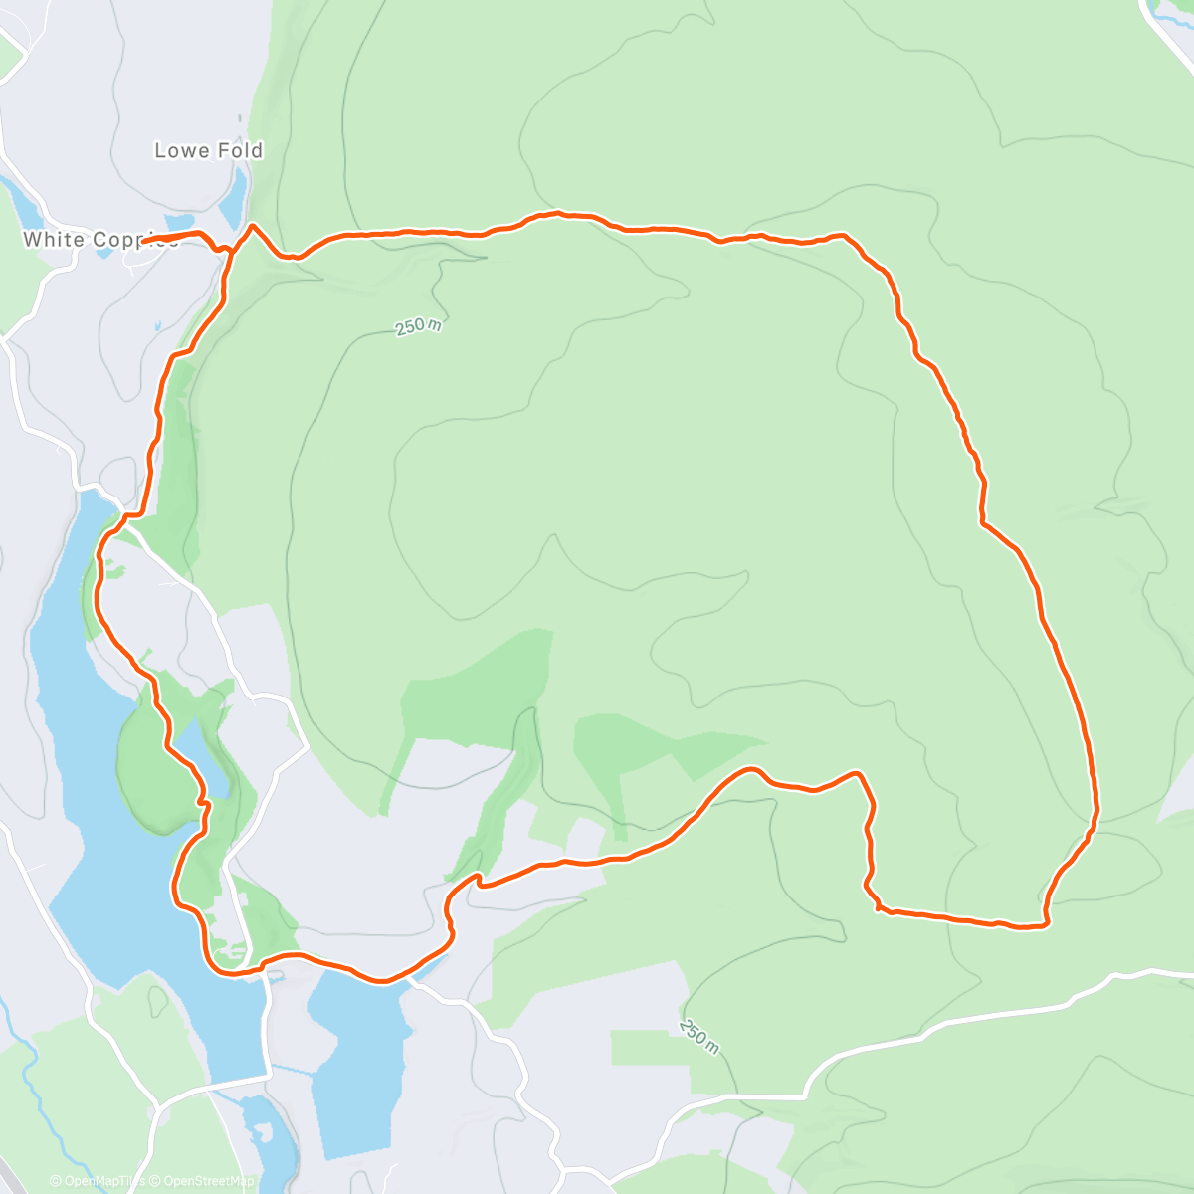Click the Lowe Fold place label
[x=208, y=151]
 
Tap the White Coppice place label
[x=99, y=240]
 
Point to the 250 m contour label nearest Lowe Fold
[x=418, y=326]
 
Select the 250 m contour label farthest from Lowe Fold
[x=699, y=1034]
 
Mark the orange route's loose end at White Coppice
[x=143, y=241]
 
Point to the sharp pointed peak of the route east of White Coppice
[x=253, y=226]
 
